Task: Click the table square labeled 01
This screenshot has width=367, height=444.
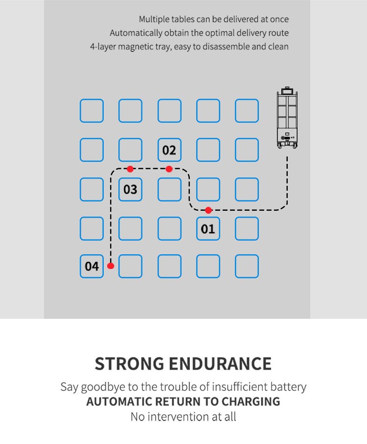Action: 208,228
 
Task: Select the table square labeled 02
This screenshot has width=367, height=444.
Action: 169,150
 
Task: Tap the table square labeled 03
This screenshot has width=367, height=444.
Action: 130,189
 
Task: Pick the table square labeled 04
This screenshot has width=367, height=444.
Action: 92,266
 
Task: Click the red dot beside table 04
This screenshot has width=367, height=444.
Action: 111,266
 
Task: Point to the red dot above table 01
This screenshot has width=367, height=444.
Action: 208,210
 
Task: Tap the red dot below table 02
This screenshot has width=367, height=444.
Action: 169,169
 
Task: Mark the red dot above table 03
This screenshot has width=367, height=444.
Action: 130,169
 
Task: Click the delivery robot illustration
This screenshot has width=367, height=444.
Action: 287,118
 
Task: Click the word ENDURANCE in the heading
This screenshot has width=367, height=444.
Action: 220,364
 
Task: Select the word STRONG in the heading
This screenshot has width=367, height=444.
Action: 130,364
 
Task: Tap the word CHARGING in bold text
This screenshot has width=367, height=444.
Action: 251,401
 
